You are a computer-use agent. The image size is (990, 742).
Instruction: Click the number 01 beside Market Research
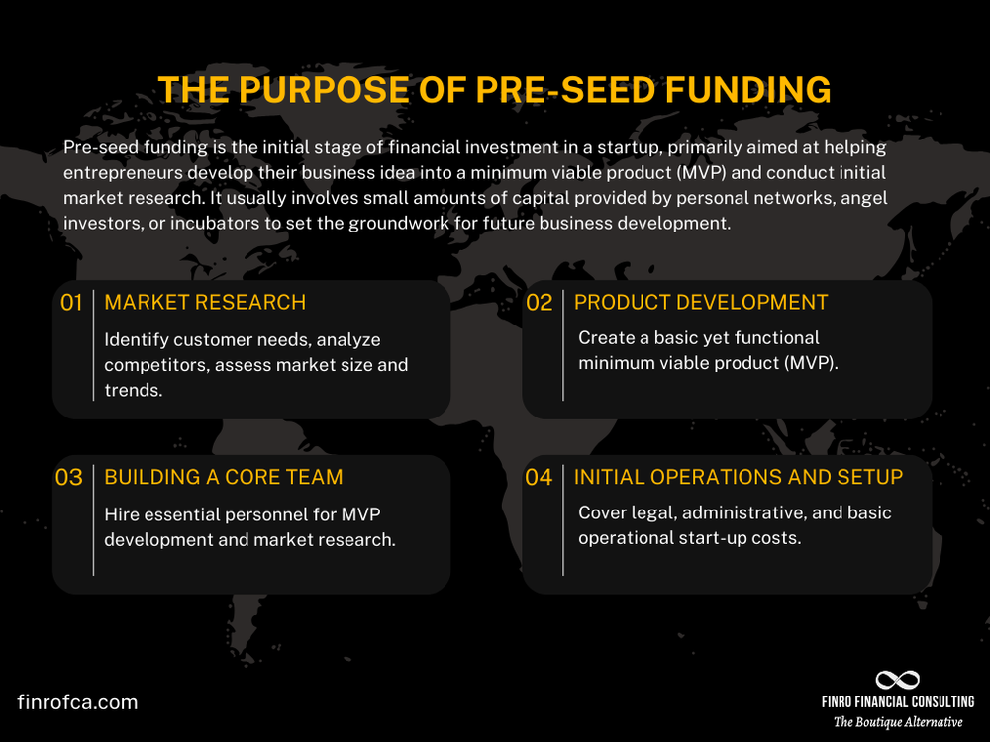71,303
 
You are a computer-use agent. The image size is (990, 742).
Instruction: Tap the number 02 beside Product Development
539,303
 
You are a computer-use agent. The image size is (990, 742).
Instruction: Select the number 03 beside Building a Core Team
69,478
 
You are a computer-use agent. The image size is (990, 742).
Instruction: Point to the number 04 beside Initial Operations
539,478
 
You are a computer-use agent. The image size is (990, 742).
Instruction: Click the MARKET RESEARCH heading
205,302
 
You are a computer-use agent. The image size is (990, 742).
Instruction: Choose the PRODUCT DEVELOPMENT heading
701,302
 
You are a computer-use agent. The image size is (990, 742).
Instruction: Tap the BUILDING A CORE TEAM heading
224,477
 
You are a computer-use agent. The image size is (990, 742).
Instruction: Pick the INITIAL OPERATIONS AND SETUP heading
739,477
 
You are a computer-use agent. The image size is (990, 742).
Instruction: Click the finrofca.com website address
77,702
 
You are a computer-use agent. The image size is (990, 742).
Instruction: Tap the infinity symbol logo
897,680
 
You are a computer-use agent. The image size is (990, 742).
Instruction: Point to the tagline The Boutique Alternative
897,722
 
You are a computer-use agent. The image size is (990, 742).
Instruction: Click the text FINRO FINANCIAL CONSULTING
897,701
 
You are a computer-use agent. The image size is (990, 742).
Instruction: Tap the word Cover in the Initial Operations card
603,513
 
